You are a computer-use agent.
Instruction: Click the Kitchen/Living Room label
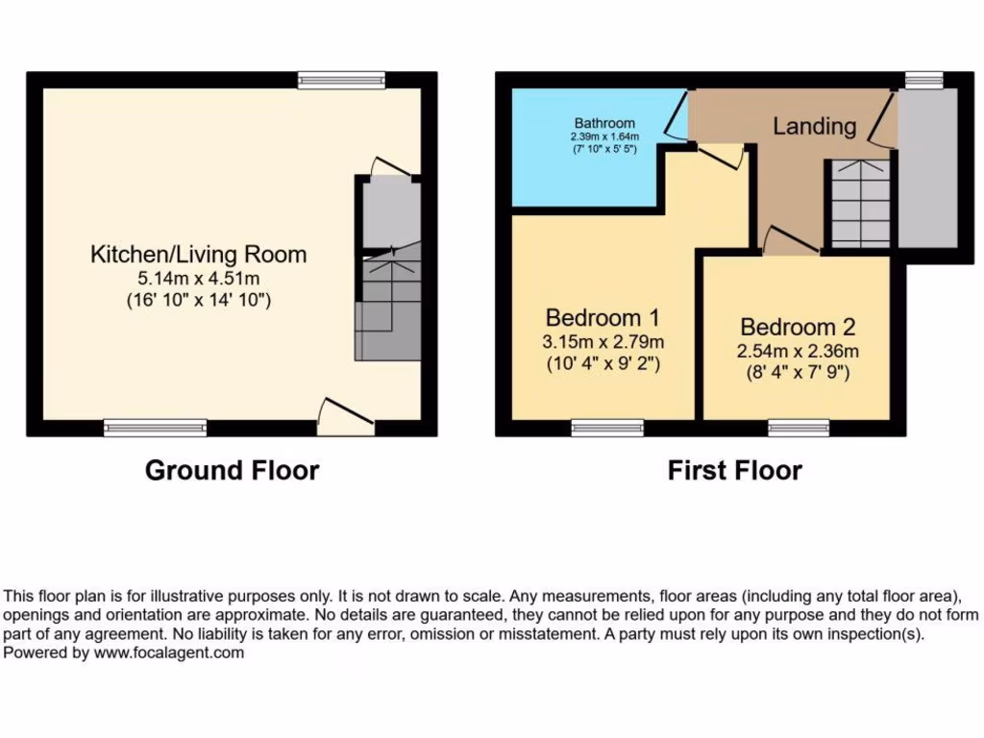click(x=198, y=255)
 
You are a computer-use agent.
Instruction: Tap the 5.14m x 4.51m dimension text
click(x=198, y=279)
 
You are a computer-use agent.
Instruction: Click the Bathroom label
click(x=604, y=123)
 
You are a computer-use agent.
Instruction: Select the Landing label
click(x=814, y=126)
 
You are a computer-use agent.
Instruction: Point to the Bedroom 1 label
click(x=603, y=318)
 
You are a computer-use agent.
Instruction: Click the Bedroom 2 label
click(x=798, y=327)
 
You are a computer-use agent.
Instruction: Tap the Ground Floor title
click(x=232, y=470)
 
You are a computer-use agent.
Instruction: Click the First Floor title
click(x=735, y=470)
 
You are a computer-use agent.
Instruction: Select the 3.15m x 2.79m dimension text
click(x=603, y=342)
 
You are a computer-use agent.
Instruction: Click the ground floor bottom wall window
click(x=155, y=428)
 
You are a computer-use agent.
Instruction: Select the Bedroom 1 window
click(x=607, y=429)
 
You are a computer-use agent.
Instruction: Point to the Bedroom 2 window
click(x=799, y=429)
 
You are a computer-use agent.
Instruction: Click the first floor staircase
click(x=859, y=204)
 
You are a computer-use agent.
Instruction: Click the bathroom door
click(x=677, y=117)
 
